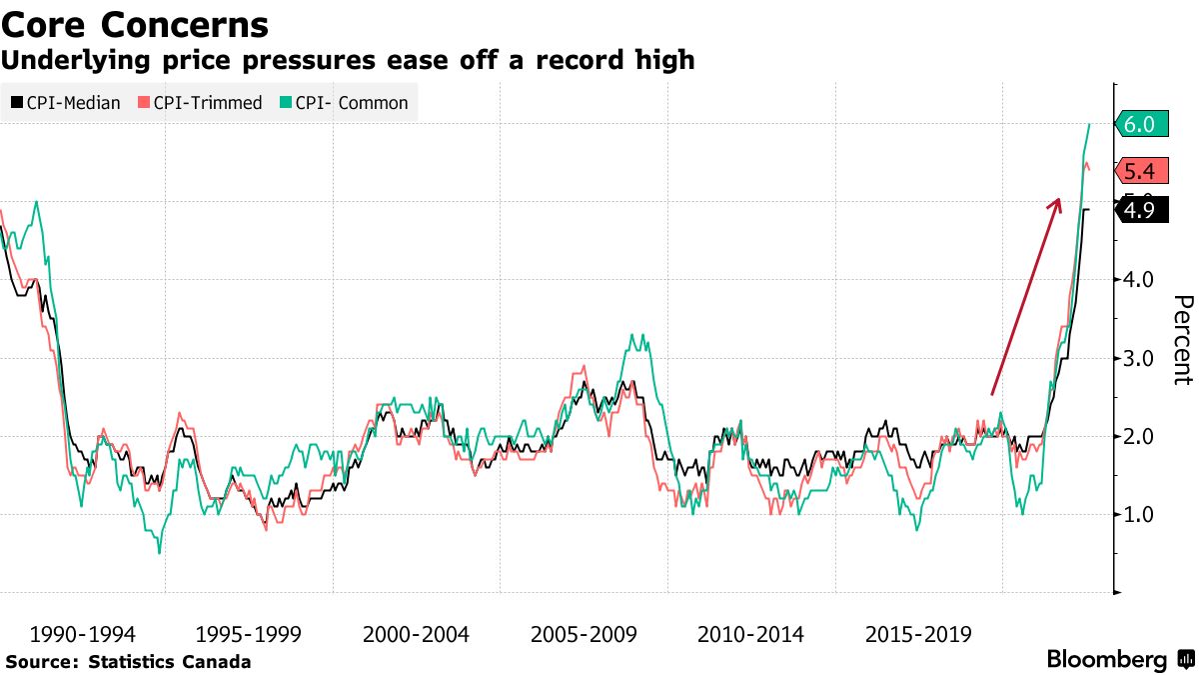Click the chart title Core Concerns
tap(135, 25)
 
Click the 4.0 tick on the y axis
tap(1138, 279)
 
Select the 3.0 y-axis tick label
tap(1138, 358)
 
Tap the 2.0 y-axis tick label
tap(1138, 436)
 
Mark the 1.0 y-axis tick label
tap(1138, 514)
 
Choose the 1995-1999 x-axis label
tap(247, 634)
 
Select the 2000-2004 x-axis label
tap(414, 634)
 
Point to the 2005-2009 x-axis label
tap(582, 634)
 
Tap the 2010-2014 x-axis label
tap(748, 634)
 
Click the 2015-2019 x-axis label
tap(915, 634)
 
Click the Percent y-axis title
tap(1182, 340)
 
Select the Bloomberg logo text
tap(1106, 660)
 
